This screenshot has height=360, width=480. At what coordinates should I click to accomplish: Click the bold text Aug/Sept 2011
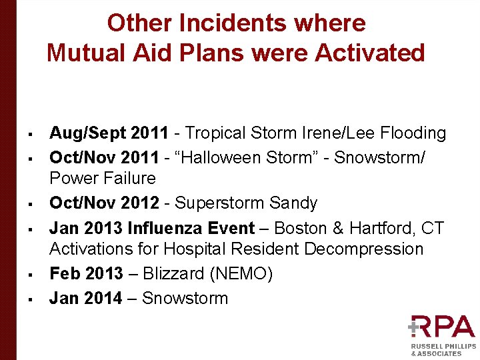pos(109,133)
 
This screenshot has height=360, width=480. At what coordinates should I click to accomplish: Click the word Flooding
pos(413,133)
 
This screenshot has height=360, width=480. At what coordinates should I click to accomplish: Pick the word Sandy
pos(295,203)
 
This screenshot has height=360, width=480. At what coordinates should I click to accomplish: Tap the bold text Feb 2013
pos(86,274)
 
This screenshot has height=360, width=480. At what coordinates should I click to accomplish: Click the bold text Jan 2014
pos(85,298)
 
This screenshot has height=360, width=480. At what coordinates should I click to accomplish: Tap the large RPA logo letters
pos(443,327)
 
